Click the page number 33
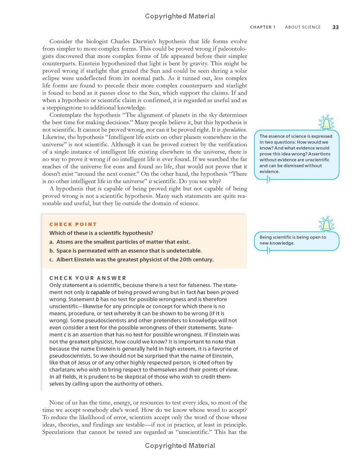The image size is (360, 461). [x=335, y=27]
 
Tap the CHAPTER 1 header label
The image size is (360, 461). [x=263, y=27]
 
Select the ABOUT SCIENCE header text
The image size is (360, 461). [x=303, y=27]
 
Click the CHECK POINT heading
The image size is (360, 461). [x=73, y=224]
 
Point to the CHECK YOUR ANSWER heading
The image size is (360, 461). [x=88, y=278]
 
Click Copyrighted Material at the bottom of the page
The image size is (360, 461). [x=180, y=446]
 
